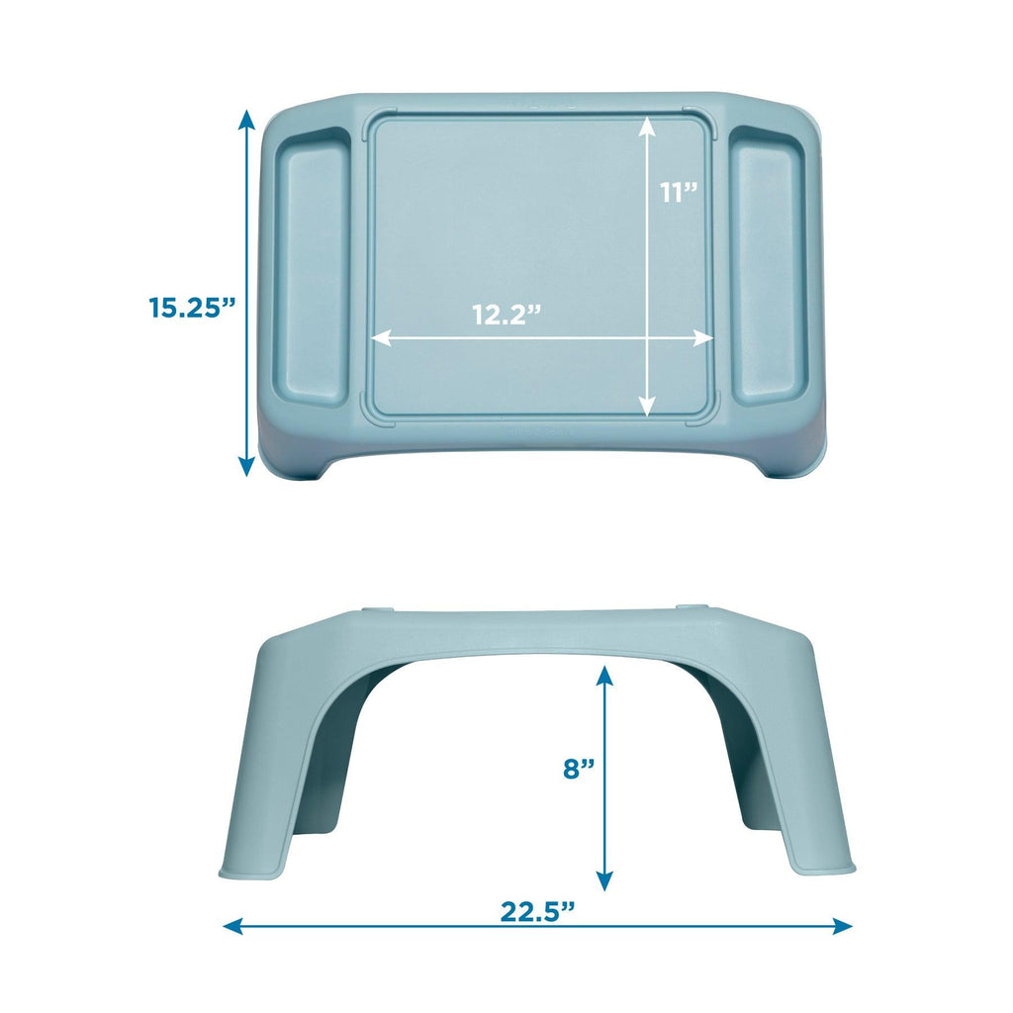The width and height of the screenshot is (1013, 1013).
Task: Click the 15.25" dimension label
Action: click(190, 307)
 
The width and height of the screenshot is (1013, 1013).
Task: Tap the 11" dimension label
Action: click(681, 192)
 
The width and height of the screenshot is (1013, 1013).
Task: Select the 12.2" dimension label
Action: click(506, 315)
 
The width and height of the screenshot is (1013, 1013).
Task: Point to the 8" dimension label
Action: click(579, 769)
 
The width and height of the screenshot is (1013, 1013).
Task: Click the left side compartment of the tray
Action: click(310, 270)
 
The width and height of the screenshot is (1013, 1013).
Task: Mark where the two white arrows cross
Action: click(646, 337)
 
